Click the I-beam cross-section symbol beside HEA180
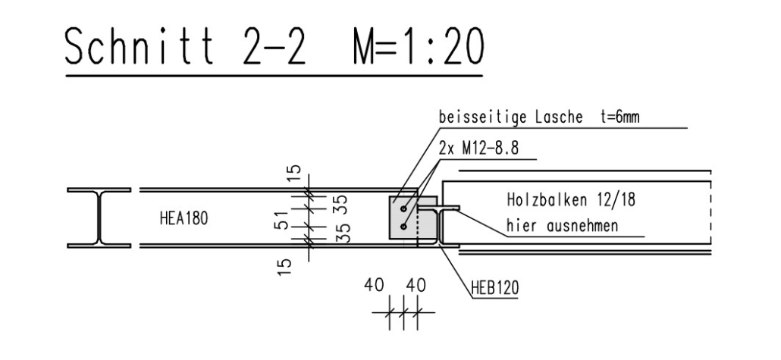pyautogui.click(x=99, y=218)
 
